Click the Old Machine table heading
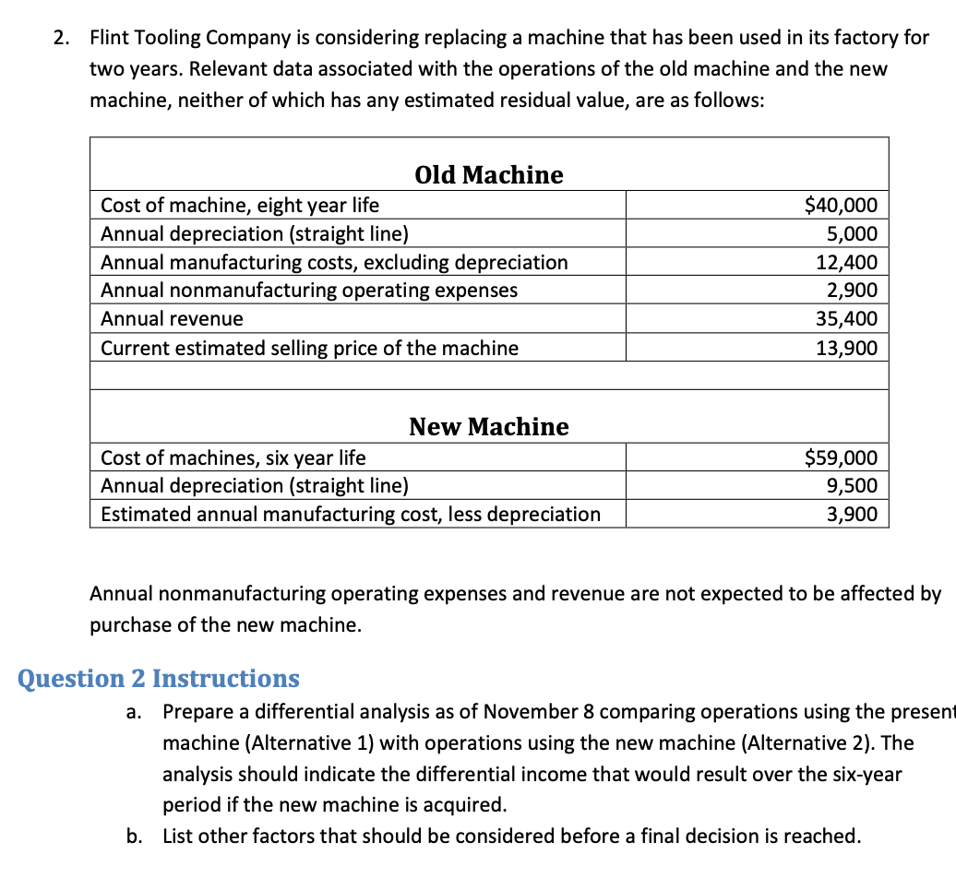pos(489,174)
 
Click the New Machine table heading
pos(489,426)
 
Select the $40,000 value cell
pos(841,205)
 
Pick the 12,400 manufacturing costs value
pos(846,262)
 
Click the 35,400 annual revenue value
pos(846,319)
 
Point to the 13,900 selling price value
pos(846,348)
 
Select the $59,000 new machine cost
pos(841,457)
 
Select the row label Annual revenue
pos(172,319)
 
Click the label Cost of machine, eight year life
pos(239,205)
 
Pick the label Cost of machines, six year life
pos(233,457)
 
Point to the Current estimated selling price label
pos(309,348)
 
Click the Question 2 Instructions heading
pos(159,679)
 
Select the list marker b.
pos(134,836)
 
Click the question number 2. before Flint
pos(62,38)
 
